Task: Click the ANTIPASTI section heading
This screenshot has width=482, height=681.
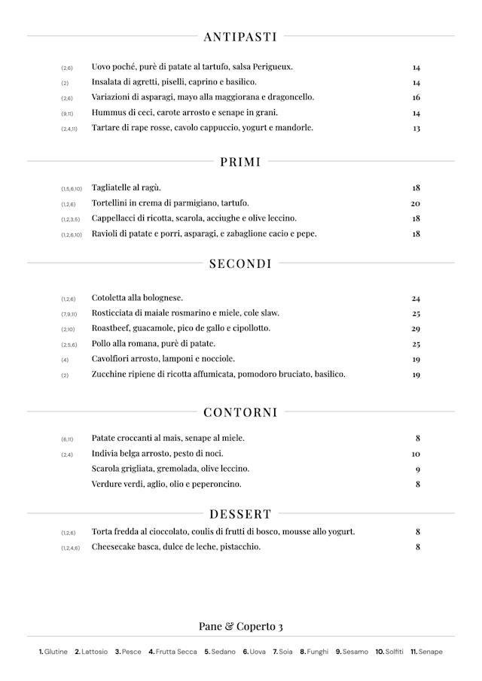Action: click(240, 36)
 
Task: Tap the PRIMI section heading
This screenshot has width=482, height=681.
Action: click(240, 161)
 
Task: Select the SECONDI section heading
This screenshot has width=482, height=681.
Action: click(240, 263)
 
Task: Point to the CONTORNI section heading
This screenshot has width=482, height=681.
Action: click(240, 412)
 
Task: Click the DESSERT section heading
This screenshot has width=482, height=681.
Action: click(240, 515)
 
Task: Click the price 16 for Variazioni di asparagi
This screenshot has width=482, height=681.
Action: click(416, 98)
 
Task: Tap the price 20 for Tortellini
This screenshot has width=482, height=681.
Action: click(416, 204)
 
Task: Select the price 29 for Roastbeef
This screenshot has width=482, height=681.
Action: click(416, 329)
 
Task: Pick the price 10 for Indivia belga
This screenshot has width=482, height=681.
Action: click(416, 455)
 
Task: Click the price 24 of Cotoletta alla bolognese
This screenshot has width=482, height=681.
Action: click(416, 299)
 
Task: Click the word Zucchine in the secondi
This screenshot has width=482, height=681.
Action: click(109, 374)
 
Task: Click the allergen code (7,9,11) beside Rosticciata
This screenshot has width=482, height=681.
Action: click(69, 314)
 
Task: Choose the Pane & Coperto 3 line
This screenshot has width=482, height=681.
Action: click(240, 627)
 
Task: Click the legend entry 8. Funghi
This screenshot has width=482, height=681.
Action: click(314, 652)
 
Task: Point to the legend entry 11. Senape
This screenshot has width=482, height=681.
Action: click(426, 652)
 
